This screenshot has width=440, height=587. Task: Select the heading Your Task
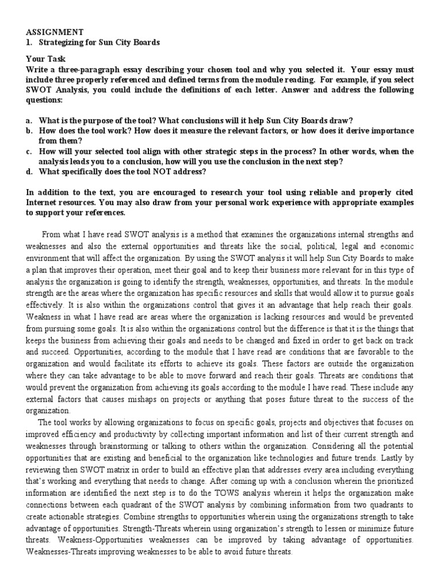point(46,58)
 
